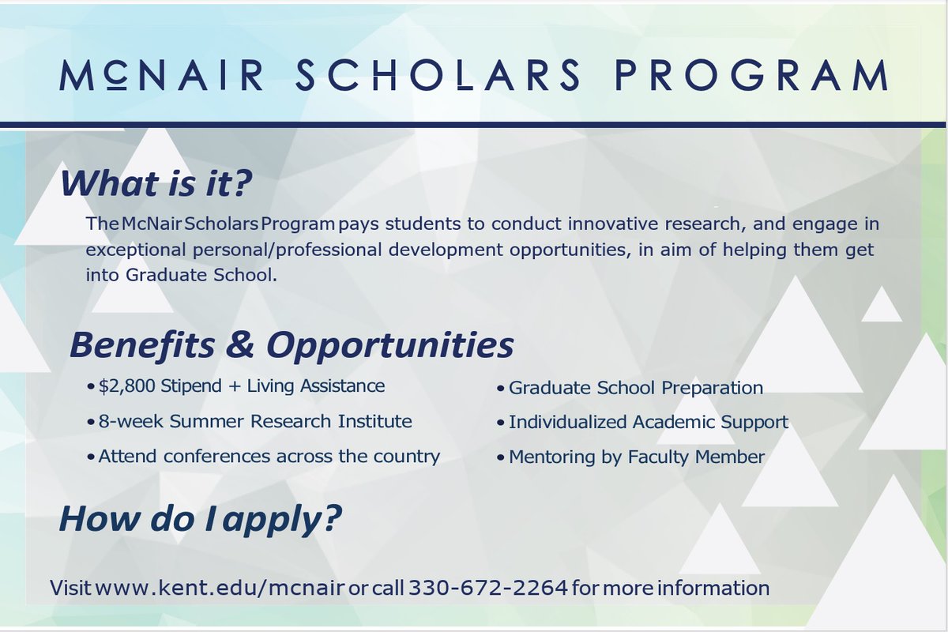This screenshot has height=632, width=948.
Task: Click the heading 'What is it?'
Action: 156,184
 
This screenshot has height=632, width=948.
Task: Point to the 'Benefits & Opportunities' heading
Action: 292,345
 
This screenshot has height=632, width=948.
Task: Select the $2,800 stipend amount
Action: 128,386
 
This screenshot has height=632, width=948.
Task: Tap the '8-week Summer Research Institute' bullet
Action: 254,421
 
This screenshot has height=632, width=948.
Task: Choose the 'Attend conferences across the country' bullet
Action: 269,457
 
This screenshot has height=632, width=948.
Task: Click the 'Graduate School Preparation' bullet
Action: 635,388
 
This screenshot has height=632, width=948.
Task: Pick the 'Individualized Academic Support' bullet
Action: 648,422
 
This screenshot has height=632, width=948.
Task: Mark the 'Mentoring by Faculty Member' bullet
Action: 636,457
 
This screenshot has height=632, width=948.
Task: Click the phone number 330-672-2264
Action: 487,589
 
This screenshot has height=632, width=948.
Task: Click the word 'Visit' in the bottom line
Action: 70,589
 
